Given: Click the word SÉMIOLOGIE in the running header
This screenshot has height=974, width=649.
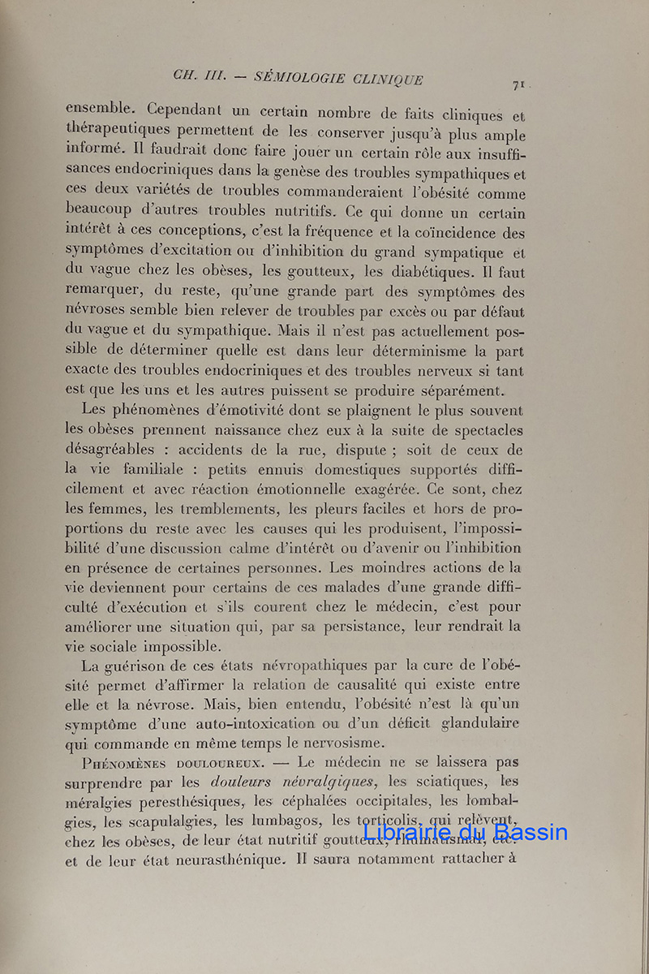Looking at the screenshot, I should tap(299, 78).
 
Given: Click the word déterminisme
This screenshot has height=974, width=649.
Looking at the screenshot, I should tap(400, 351).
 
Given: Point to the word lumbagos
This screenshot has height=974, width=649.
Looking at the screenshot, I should tap(274, 822).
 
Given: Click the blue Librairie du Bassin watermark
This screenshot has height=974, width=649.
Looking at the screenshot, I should tap(465, 831).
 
